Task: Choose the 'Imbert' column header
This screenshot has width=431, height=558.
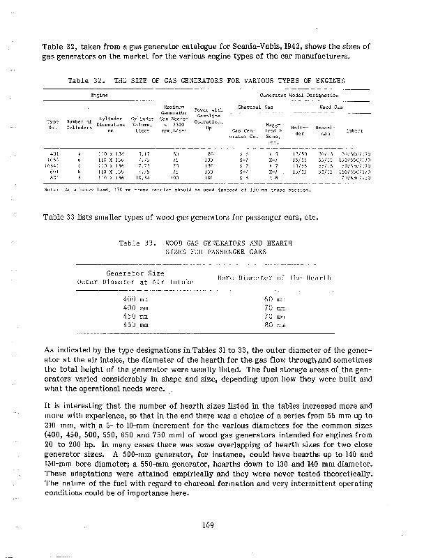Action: click(x=354, y=130)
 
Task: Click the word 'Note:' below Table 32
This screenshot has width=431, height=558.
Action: click(x=50, y=188)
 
